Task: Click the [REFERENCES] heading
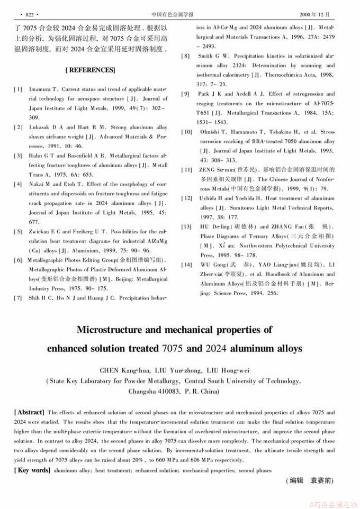90,70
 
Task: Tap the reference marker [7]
18,298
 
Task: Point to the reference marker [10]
187,132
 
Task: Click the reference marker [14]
187,265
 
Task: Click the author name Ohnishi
210,132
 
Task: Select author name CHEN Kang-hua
119,369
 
